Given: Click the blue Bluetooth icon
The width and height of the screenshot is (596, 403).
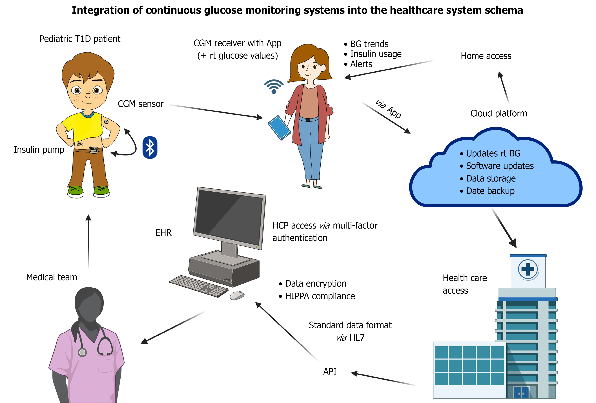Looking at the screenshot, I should (x=150, y=147).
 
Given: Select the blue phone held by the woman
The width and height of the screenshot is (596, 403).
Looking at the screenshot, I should (x=279, y=127).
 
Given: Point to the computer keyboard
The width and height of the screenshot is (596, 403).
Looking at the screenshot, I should (x=199, y=286).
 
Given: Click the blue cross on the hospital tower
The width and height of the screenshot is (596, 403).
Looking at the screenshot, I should (x=528, y=269).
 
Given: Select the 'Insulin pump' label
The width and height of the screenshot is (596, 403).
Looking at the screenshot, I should (x=39, y=150).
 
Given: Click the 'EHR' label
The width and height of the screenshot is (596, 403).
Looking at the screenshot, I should (x=163, y=233).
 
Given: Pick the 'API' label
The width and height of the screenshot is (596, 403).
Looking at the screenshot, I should (x=330, y=371).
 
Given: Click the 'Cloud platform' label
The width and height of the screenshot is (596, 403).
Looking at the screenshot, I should (x=498, y=113).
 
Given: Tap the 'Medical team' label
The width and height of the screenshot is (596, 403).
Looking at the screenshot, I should (x=52, y=277).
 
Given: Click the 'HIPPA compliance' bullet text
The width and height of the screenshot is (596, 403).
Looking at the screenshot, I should (x=320, y=296).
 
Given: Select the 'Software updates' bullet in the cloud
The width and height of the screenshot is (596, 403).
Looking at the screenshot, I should (x=500, y=166).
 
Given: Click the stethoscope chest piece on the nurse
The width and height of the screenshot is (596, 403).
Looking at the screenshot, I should (x=82, y=353).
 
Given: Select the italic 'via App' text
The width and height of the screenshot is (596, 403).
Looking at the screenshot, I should (x=388, y=109).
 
